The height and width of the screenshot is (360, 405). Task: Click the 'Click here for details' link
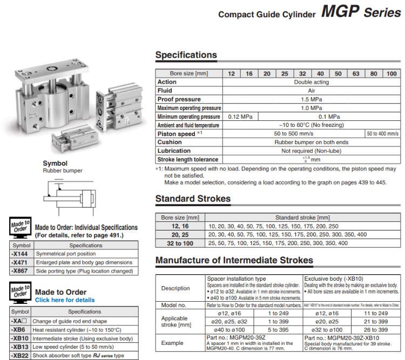[65, 300]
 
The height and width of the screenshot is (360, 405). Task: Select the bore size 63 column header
[356, 73]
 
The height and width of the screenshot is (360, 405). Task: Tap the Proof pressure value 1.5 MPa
[312, 99]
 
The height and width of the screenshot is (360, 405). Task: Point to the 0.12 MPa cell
[240, 117]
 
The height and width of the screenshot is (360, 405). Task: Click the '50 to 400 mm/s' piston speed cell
[383, 133]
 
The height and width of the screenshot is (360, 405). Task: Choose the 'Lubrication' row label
[174, 151]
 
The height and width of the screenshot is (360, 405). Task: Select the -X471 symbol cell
[21, 262]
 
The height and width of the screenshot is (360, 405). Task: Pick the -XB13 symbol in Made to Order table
[20, 347]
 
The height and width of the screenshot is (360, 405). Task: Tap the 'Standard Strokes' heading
[193, 199]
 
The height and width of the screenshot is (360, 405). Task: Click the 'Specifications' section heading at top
[186, 55]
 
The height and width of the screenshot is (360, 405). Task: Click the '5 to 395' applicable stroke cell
[280, 330]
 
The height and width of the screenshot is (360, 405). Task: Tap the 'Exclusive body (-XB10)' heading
[337, 279]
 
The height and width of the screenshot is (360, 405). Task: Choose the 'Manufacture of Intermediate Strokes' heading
[234, 260]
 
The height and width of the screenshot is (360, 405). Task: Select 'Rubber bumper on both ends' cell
[312, 142]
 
